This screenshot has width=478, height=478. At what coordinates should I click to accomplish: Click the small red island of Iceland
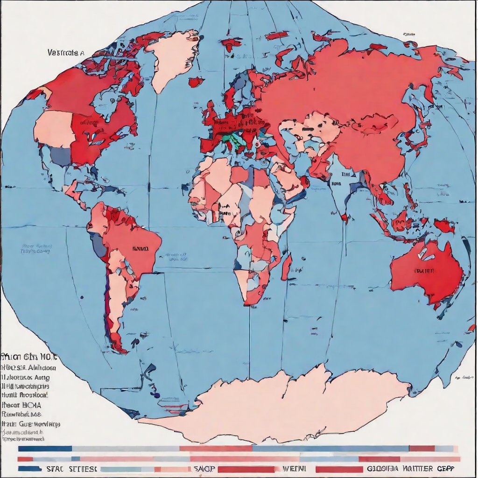(x=196, y=82)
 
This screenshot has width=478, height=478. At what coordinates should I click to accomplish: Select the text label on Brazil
(x=140, y=249)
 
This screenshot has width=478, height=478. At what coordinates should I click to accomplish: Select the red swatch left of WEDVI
(x=246, y=469)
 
